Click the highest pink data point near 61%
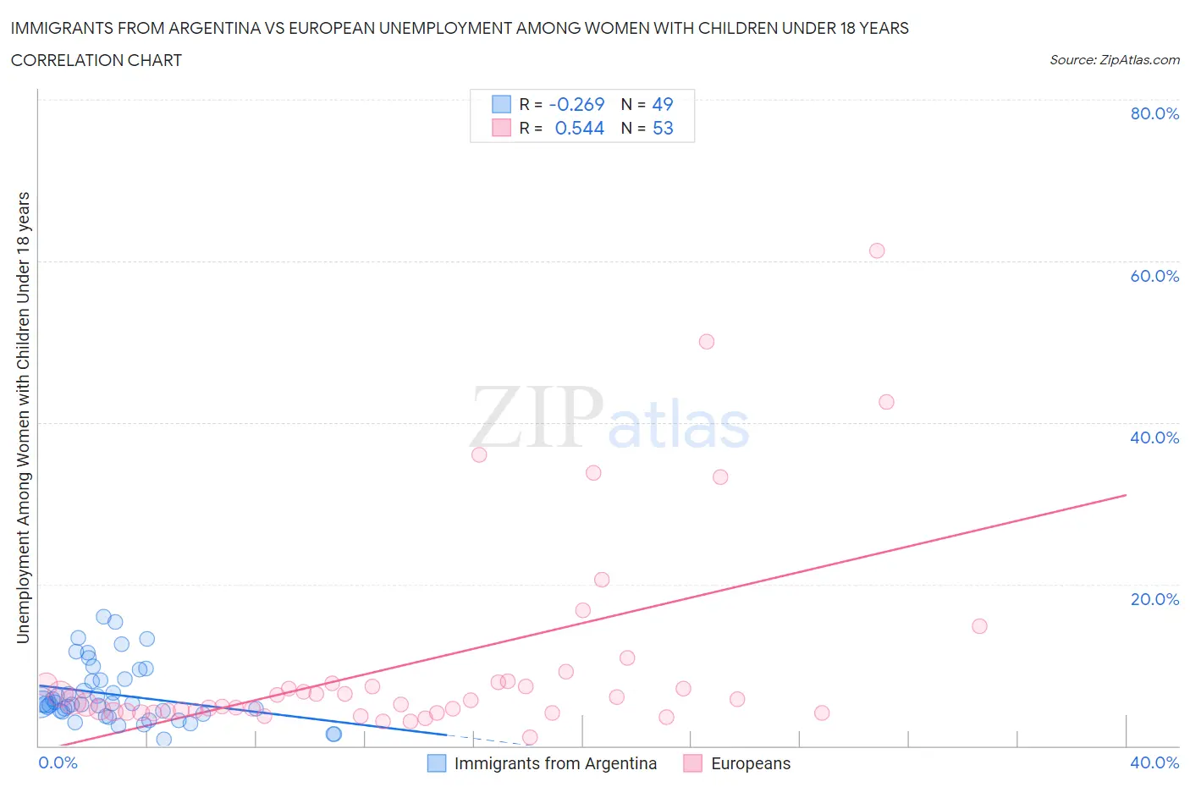coord(877,250)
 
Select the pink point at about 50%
coord(707,342)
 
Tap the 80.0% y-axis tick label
coord(1154,113)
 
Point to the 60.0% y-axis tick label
coord(1154,276)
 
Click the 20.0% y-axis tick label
coord(1154,599)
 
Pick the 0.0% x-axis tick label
coord(58,762)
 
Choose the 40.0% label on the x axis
coord(1154,762)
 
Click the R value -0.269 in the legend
coord(576,104)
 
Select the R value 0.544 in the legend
coord(579,128)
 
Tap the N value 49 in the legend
coord(663,104)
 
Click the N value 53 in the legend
coord(663,128)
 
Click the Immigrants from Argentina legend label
coord(555,763)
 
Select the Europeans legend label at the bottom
coord(751,763)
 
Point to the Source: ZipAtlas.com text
coord(1114,60)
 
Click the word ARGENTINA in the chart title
coord(223,28)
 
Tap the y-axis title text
coord(24,417)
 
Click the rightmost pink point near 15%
coord(979,626)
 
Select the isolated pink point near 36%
coord(479,454)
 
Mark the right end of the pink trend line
coord(1126,494)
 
